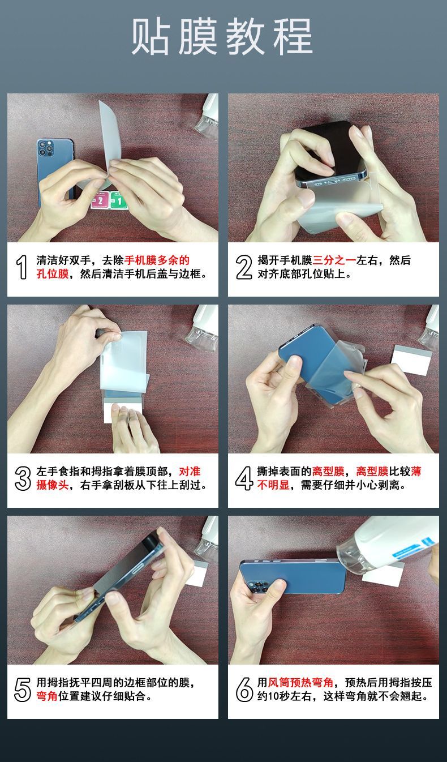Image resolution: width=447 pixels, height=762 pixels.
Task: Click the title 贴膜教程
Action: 222,37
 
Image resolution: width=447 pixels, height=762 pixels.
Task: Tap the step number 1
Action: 22,267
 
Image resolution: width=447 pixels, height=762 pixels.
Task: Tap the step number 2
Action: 243,267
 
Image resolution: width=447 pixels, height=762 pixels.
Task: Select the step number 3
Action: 22,478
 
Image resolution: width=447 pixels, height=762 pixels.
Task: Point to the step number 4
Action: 243,478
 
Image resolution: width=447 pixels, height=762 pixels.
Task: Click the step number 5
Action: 22,690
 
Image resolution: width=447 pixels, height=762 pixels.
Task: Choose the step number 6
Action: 243,690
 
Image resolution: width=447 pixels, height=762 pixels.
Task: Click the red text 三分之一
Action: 334,260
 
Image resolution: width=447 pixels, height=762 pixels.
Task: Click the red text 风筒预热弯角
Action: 301,683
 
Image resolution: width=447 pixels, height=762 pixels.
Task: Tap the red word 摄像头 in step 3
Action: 52,486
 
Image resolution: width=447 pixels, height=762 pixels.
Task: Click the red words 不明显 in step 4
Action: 273,486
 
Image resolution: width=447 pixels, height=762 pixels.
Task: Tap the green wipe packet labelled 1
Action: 119,201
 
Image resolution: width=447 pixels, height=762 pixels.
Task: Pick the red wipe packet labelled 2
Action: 100,200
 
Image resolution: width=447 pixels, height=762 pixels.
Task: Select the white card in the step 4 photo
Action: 411,358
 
